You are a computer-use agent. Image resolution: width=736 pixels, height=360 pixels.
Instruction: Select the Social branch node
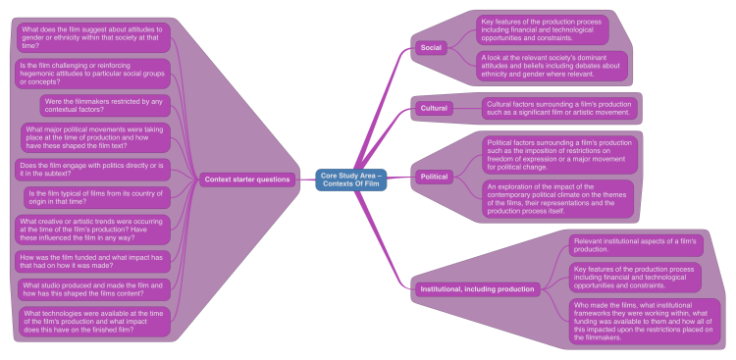tap(432, 47)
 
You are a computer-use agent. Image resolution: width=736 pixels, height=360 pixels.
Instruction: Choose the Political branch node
tap(434, 177)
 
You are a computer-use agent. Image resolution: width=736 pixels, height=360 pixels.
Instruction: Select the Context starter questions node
tap(246, 180)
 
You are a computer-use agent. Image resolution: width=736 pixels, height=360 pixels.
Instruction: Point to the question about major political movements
tap(95, 138)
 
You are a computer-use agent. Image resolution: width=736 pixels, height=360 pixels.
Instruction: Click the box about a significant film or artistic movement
tap(558, 108)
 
